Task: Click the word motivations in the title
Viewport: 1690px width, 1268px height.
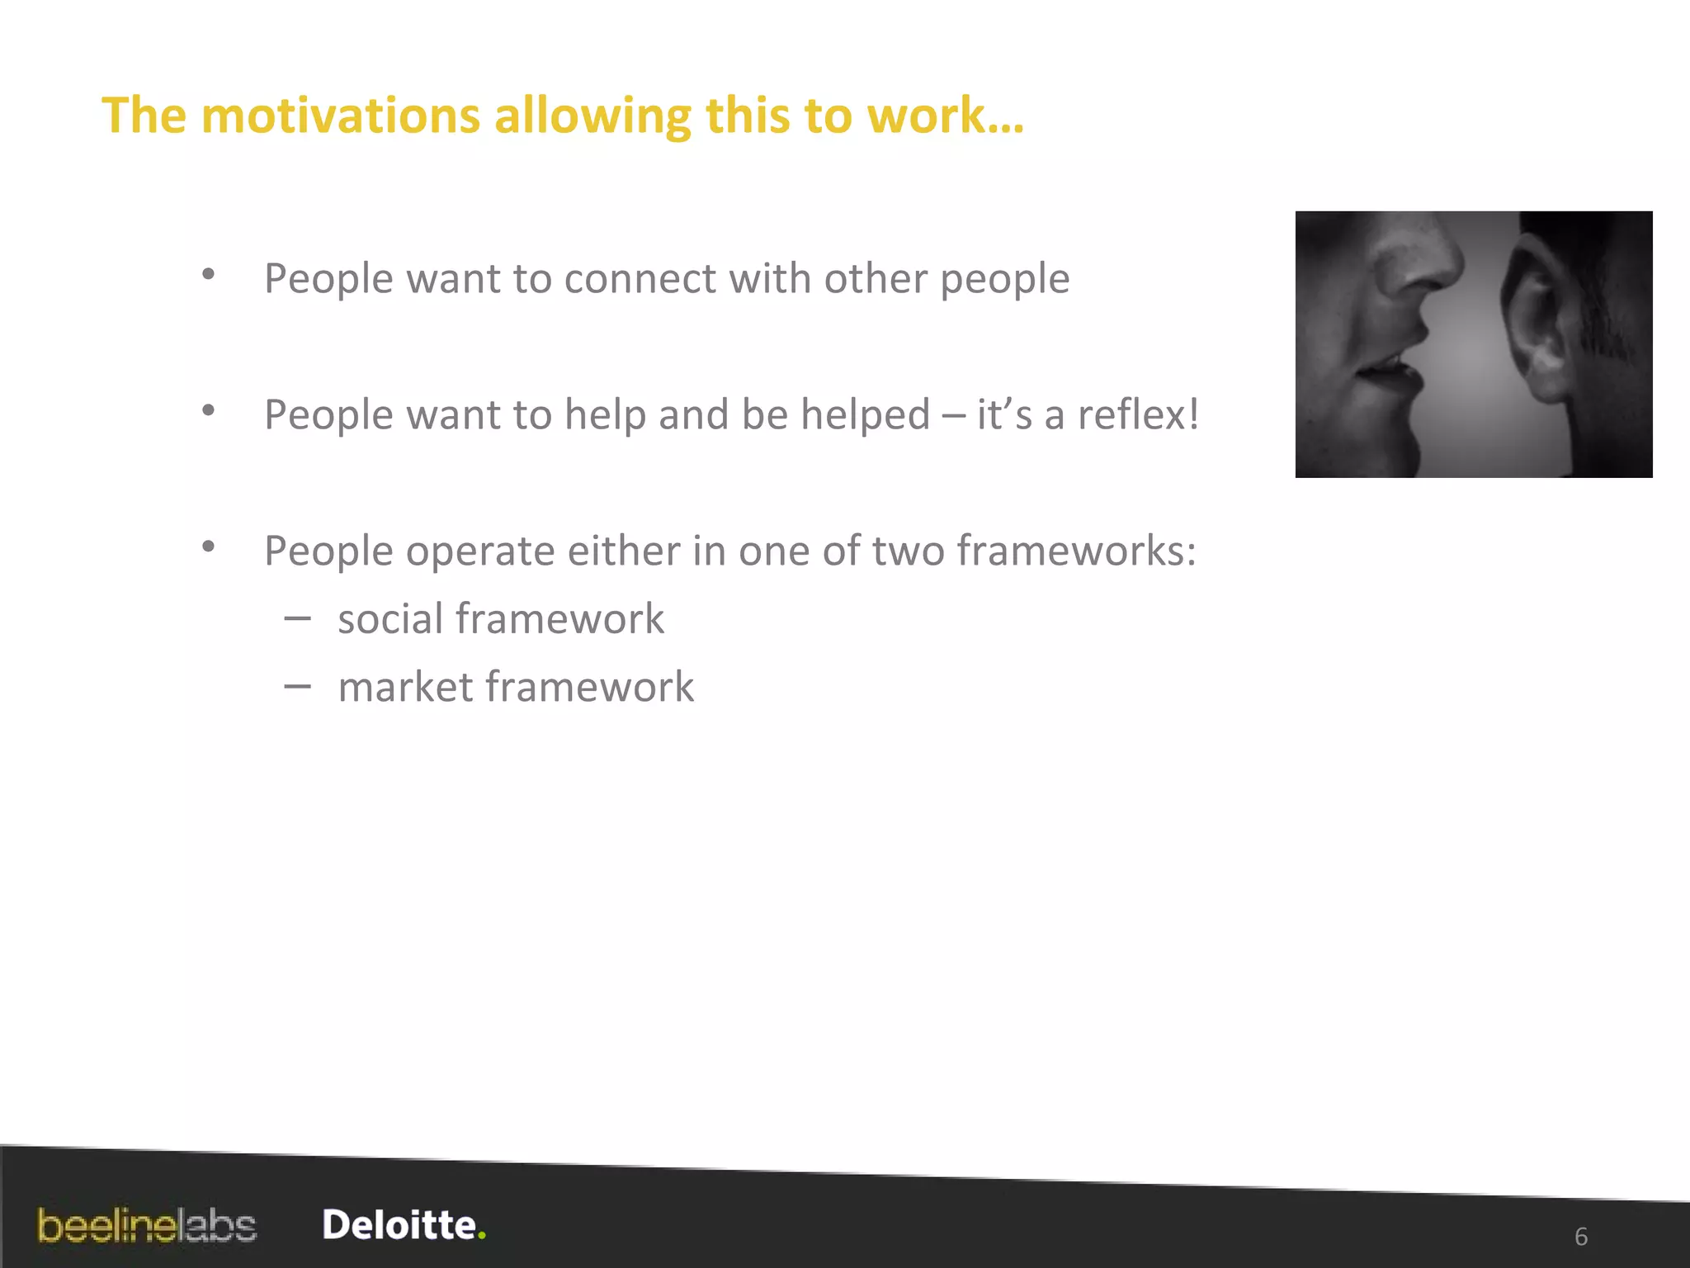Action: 340,115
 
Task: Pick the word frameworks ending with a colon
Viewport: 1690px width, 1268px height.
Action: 1076,551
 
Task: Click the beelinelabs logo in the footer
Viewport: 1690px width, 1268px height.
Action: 147,1226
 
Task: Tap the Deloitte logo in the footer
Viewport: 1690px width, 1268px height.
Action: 399,1225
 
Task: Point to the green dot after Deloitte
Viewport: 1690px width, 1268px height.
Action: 482,1236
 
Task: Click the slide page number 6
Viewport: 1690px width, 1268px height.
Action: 1581,1237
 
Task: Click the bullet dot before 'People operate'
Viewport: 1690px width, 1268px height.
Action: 209,546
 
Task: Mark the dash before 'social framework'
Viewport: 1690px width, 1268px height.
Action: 297,618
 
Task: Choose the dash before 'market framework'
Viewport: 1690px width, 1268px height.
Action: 297,686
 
